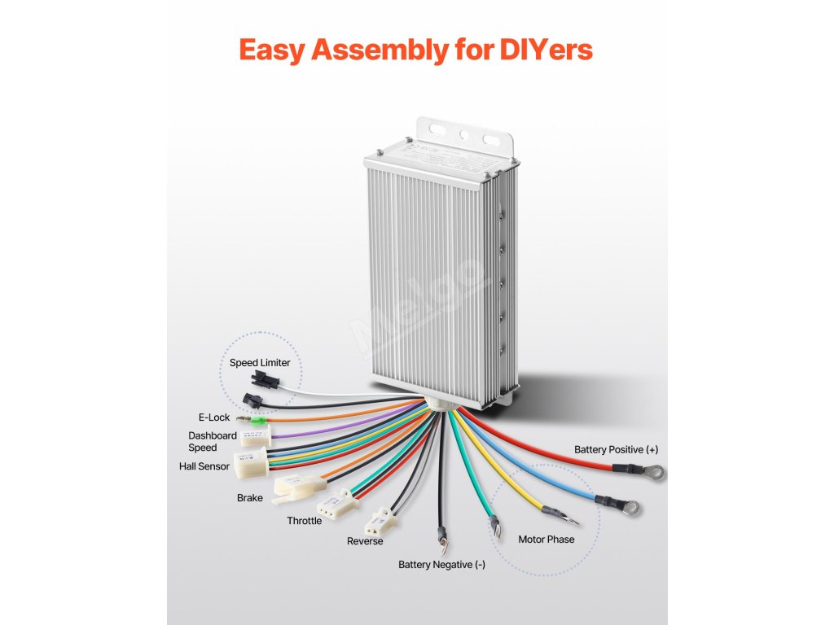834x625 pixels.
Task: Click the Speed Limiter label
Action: pos(259,363)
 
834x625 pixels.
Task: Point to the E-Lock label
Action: pos(214,417)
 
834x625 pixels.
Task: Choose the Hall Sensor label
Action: pos(204,466)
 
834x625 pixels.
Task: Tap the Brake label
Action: pos(250,497)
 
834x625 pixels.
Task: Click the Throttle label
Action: pos(304,521)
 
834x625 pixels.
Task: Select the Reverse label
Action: pos(365,541)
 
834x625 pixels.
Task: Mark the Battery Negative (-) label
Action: pos(441,564)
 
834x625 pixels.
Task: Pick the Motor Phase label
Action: pos(546,540)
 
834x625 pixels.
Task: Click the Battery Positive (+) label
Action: pos(616,449)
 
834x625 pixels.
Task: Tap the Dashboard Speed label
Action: pos(212,441)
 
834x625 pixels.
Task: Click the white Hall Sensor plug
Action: pos(250,464)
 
